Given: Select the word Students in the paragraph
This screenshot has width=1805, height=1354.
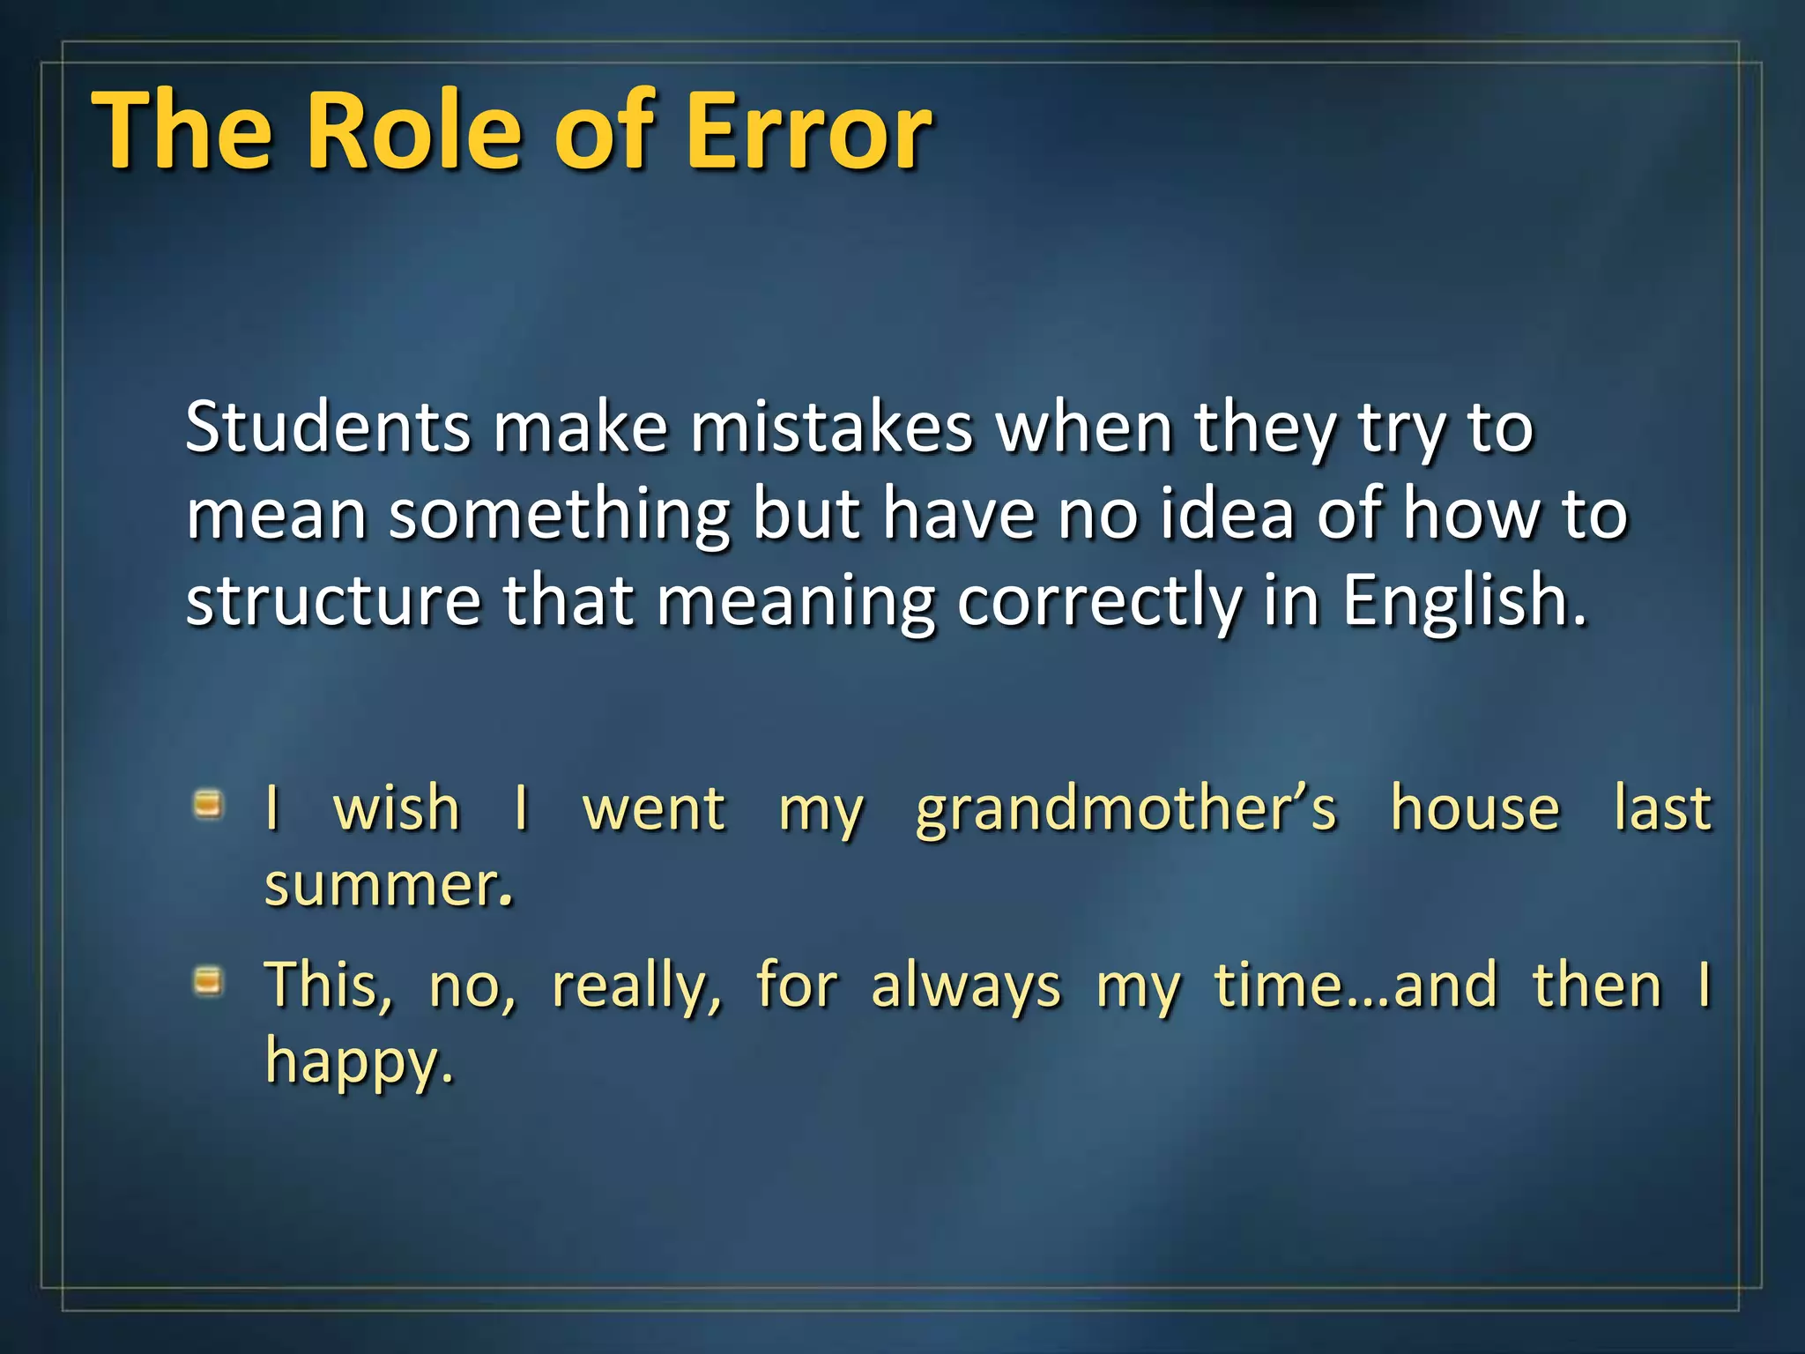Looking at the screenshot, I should coord(328,428).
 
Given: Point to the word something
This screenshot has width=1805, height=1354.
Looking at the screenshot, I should coord(560,516).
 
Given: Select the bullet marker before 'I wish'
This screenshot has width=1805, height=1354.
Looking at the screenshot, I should coord(208,804).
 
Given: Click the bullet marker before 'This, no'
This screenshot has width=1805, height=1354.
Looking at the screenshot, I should coord(208,980).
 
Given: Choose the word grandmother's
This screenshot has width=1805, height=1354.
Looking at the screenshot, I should coord(1125,809).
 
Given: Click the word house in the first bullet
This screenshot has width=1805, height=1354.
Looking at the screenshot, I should coord(1474,807).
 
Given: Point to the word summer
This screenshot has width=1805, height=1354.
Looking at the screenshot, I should coord(388,885).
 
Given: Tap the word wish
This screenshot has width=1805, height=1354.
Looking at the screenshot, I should coord(397,807).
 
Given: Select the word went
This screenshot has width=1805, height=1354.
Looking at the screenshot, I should coord(654,809).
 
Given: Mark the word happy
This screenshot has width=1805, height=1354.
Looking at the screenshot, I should coord(358,1063).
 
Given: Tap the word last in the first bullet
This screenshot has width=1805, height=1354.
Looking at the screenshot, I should coord(1662,807).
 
